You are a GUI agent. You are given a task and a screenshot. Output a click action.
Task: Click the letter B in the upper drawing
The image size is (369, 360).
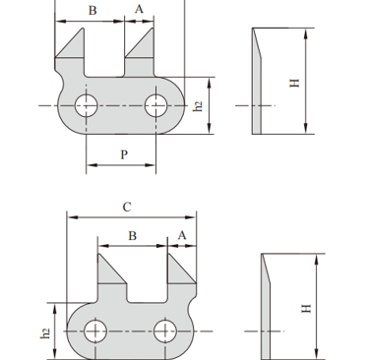(x=92, y=11)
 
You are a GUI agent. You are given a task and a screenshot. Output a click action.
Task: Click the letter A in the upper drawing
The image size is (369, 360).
(x=139, y=9)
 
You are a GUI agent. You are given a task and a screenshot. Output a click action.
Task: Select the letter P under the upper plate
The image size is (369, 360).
(x=124, y=154)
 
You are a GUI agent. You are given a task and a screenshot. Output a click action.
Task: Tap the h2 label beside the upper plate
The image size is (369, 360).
(x=198, y=106)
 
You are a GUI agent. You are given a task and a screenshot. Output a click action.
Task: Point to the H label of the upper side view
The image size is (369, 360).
(x=294, y=83)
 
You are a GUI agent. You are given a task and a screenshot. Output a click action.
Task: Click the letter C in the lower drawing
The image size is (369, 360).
(x=127, y=208)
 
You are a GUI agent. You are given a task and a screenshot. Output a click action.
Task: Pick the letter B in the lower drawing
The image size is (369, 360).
(x=132, y=236)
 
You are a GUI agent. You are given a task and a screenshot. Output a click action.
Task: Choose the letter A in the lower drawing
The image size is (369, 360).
(x=182, y=235)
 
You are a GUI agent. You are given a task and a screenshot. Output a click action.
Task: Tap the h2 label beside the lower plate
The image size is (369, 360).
(x=45, y=333)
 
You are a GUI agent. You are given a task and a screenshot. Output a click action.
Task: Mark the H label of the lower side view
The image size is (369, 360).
(x=306, y=309)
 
